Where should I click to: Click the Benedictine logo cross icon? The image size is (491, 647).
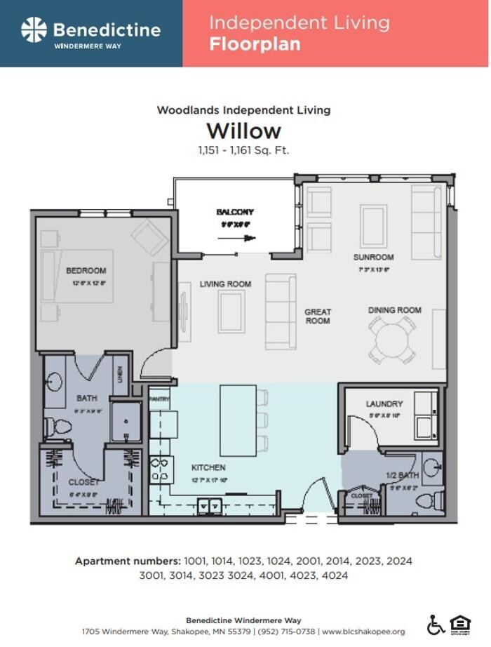coord(34,30)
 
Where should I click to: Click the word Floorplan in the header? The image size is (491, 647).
coord(255,44)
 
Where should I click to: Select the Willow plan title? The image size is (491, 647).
coord(243,131)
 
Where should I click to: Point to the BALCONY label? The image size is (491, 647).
coord(235,212)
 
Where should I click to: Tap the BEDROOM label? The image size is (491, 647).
coord(86,271)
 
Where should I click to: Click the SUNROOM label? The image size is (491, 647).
coord(373,258)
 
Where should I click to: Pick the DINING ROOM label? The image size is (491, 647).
coord(395,310)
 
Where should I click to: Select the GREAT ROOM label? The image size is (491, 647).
coord(318,316)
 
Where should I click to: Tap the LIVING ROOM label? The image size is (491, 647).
coord(225,284)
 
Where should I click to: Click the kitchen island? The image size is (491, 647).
coord(237,420)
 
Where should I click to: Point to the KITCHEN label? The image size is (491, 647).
coord(208,467)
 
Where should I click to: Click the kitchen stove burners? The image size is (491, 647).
coord(161,469)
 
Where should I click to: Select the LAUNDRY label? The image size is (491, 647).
coord(384,404)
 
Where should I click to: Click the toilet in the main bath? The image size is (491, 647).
coord(56,426)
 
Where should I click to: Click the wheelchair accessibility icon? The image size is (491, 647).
coord(436,624)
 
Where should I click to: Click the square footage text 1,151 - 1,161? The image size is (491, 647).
coord(243,150)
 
